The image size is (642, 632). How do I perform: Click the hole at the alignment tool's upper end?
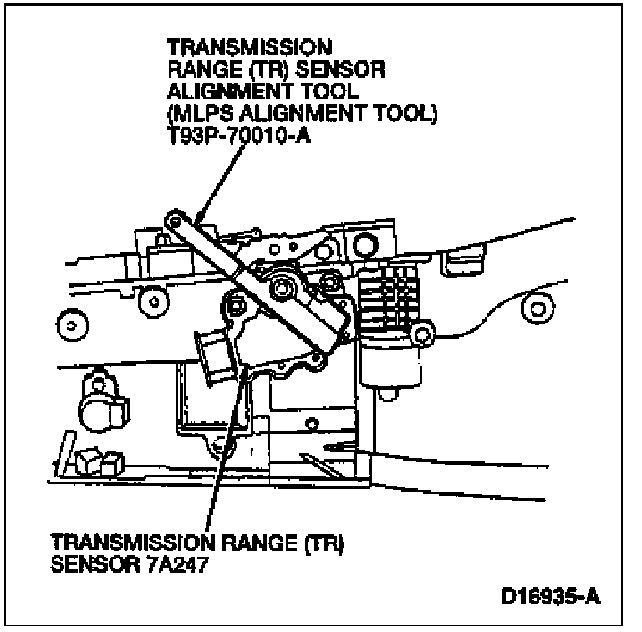174,220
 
